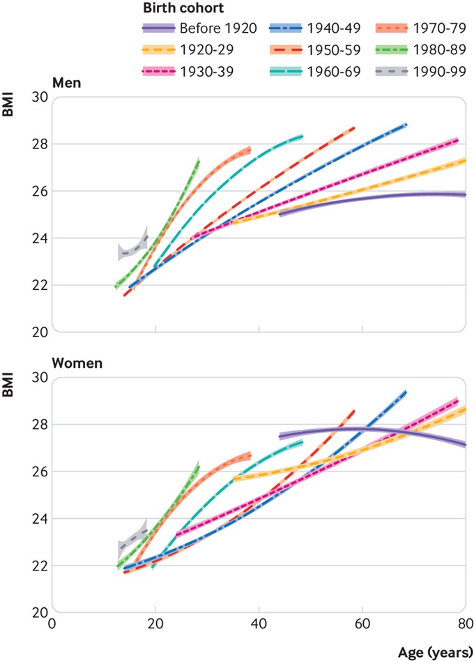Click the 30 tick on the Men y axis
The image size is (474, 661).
pos(40,97)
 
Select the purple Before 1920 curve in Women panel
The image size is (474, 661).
pos(362,429)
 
